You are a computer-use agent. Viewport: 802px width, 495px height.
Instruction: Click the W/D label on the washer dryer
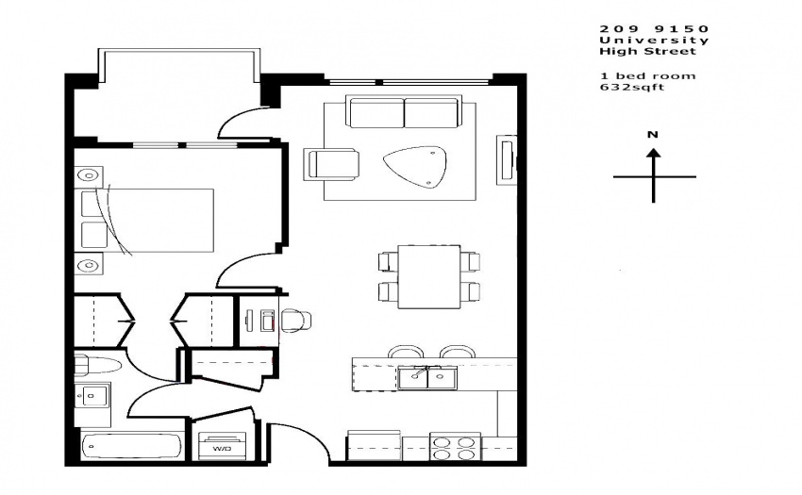222,449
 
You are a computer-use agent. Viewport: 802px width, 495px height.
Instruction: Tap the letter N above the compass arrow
653,135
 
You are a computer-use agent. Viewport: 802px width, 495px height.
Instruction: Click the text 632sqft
631,87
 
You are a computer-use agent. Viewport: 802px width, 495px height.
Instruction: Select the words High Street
647,51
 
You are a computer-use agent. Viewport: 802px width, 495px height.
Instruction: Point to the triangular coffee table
415,167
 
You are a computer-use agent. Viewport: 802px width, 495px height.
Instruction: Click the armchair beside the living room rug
331,164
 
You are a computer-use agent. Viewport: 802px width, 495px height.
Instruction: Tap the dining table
428,276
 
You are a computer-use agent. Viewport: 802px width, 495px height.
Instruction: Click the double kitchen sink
427,378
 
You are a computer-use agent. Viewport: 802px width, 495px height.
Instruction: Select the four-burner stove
455,447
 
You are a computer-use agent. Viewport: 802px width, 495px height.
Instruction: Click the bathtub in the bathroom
131,446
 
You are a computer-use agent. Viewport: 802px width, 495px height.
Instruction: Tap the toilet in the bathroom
97,366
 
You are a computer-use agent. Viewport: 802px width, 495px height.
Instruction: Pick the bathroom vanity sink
92,396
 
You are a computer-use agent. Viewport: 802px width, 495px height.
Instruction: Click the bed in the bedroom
147,221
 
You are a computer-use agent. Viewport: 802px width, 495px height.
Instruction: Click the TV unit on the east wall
507,160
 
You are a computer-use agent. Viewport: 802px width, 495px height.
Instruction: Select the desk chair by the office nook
295,321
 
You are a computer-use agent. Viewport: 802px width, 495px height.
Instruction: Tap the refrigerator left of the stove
374,445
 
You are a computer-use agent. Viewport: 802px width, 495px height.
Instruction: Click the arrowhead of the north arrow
653,153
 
